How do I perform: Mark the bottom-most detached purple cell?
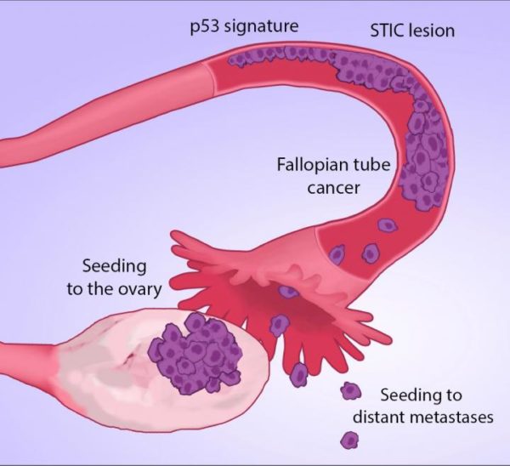click(348, 440)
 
